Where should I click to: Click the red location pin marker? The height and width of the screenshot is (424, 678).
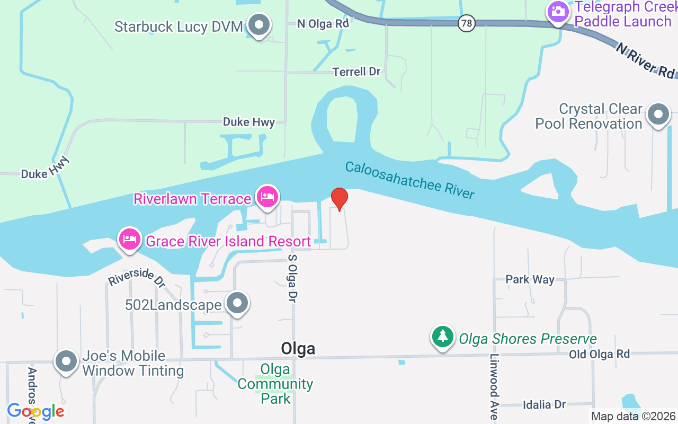(339, 199)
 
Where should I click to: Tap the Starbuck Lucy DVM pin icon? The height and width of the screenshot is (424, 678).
(259, 25)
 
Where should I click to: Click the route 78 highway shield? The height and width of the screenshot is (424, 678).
(466, 23)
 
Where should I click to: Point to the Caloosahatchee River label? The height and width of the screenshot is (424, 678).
(409, 180)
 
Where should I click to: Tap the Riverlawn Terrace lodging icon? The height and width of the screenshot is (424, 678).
(267, 198)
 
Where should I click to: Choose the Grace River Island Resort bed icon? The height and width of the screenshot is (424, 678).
(130, 240)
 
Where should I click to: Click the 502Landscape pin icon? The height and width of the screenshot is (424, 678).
(237, 304)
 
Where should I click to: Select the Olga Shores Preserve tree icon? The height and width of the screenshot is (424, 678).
(443, 337)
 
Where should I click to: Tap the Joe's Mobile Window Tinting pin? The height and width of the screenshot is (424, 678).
(66, 361)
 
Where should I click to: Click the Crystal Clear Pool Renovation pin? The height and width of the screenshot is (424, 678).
(659, 114)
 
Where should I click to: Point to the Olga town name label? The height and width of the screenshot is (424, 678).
(298, 348)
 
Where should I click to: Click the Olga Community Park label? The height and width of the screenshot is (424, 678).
(275, 384)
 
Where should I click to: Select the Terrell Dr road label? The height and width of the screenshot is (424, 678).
(356, 72)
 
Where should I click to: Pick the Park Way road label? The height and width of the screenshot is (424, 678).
(530, 279)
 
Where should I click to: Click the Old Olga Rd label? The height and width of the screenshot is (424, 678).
(600, 354)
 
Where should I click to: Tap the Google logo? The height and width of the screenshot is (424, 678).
(35, 411)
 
